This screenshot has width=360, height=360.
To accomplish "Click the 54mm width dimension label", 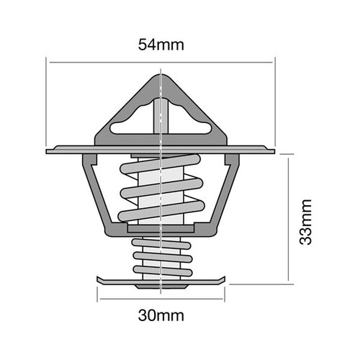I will pos(161,45).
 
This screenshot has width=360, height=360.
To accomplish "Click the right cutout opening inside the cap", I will pos(184,117).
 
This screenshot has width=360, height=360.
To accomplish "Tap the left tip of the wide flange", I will pos(48,151).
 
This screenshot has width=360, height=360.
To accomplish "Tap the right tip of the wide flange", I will pos(274,150).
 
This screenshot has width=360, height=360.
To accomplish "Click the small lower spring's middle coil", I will pos(161,255).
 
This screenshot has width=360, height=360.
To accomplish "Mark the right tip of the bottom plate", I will pos(225,280).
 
